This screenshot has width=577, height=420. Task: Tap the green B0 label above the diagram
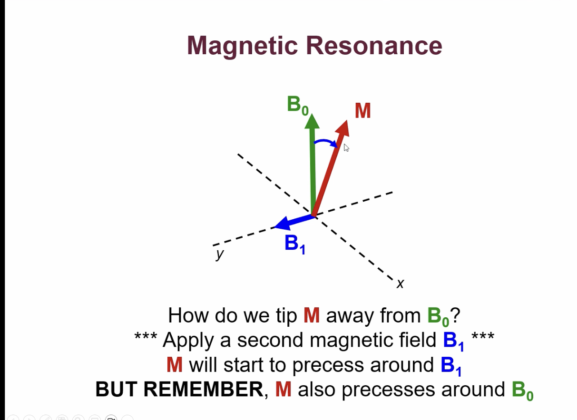297,105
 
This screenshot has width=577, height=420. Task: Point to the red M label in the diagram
362,111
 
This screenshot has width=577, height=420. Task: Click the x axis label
400,283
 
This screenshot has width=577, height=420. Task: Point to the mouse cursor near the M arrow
346,148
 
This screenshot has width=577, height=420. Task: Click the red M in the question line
312,315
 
